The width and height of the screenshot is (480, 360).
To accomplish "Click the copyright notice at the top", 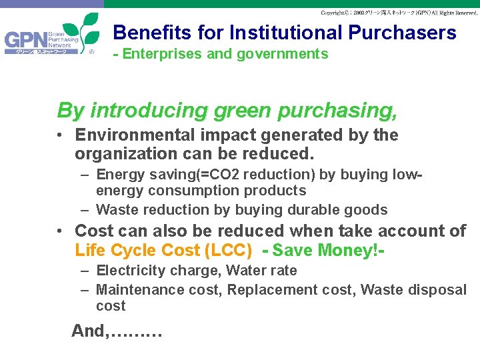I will [x=399, y=13].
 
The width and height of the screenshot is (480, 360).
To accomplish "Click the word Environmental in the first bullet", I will [x=135, y=135].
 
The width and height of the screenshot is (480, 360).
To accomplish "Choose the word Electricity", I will [x=126, y=271].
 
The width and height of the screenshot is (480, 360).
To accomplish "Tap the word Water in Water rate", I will [x=247, y=271].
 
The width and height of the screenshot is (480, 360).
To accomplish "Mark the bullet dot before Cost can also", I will [x=60, y=231].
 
